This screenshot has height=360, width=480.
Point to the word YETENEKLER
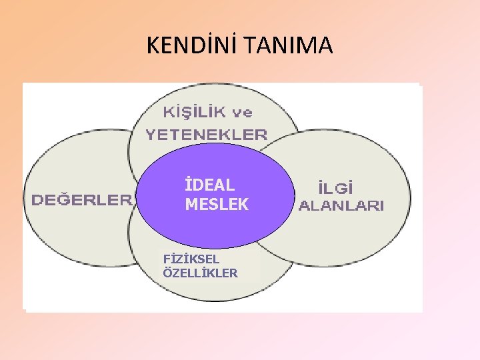tap(207, 134)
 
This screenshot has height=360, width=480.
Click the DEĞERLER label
tap(81, 199)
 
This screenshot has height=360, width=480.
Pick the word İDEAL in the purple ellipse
tap(209, 185)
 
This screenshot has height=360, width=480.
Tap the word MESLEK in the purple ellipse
tap(217, 205)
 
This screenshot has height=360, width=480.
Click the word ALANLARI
tap(341, 206)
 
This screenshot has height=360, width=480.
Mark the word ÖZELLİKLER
tap(200, 273)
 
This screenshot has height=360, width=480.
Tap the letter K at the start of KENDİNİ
tap(153, 45)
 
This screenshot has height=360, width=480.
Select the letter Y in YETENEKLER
tap(151, 134)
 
